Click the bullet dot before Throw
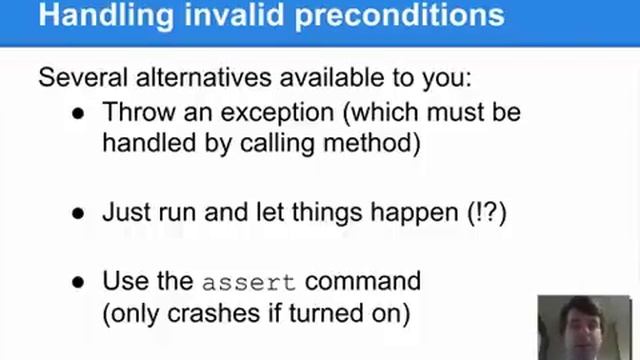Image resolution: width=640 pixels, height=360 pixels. coord(77,112)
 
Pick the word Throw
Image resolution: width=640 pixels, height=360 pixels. coord(136,111)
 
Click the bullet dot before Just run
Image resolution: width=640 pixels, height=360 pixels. coord(77,213)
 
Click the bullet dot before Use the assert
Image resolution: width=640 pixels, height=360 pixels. coord(77,281)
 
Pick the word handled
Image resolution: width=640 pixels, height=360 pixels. coord(146,143)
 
